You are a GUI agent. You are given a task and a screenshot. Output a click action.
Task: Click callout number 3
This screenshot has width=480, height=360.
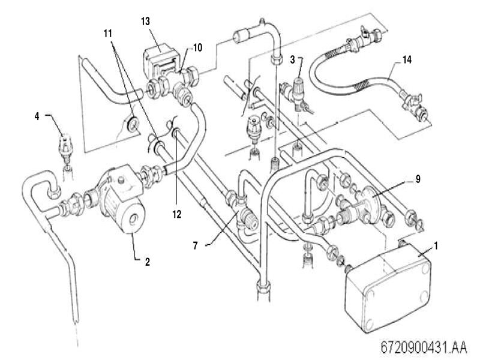pos(292,59)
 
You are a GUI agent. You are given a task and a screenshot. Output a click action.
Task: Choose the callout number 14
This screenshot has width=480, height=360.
pos(406,60)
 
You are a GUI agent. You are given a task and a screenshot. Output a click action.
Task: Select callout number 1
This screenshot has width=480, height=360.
pos(436,245)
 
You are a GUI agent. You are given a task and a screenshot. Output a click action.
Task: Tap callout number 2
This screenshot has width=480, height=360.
pos(146,262)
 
